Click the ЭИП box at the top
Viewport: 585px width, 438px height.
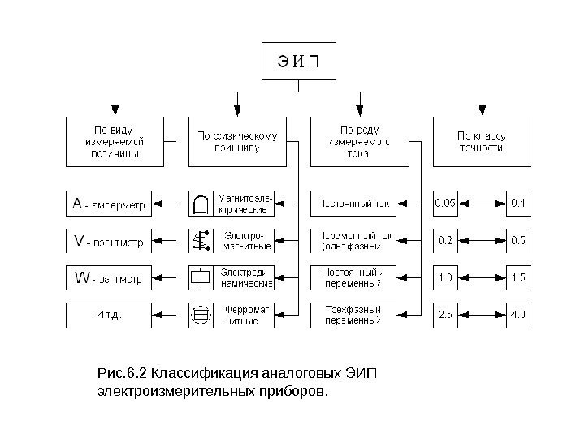click(298, 62)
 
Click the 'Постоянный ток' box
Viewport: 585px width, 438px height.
click(353, 204)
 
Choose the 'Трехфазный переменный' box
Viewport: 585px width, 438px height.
click(353, 315)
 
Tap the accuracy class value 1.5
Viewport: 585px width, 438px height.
click(518, 278)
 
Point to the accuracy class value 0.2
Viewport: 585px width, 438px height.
click(445, 241)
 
